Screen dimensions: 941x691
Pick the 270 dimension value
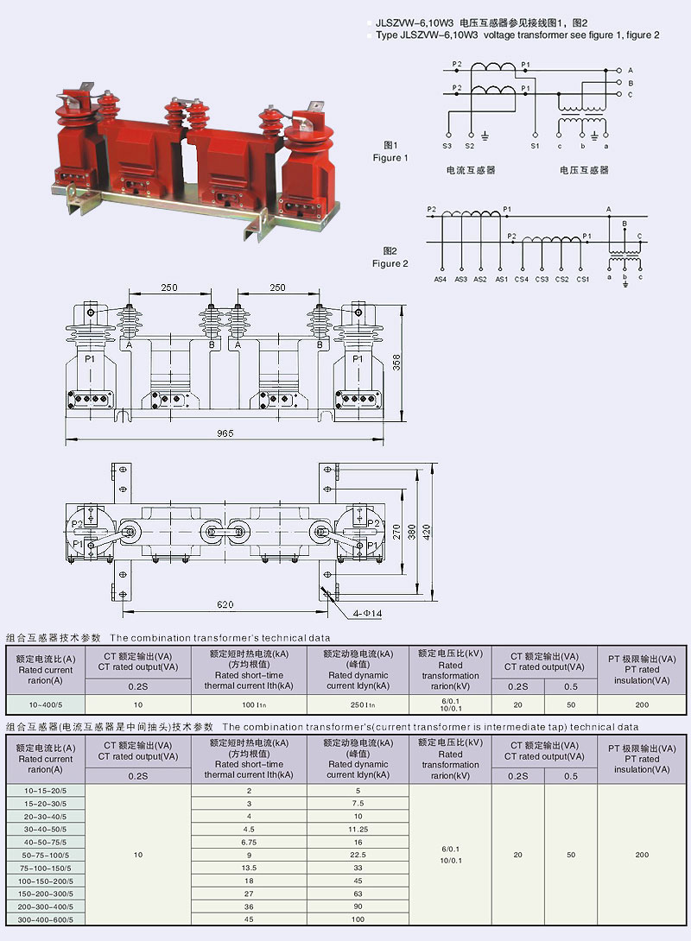coord(396,534)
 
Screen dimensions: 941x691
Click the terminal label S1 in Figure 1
coord(535,146)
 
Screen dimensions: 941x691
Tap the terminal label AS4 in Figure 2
coord(440,279)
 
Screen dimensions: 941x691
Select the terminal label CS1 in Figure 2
coord(582,279)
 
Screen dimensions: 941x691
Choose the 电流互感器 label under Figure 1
coord(471,170)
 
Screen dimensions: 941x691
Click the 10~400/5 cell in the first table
coord(46,704)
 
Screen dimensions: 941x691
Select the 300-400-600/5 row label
coord(46,919)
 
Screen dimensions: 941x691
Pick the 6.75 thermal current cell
coord(249,841)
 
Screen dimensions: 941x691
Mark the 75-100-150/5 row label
coord(46,867)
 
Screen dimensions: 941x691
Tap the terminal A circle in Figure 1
coord(618,70)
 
